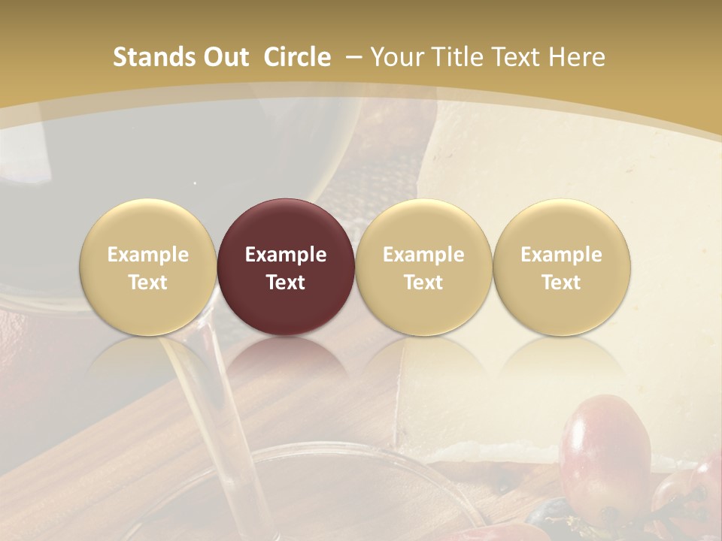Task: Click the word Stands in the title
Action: pyautogui.click(x=153, y=57)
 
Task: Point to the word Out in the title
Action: pyautogui.click(x=225, y=57)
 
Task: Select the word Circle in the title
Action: pyautogui.click(x=297, y=57)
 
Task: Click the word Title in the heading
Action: pyautogui.click(x=460, y=57)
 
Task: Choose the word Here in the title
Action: pyautogui.click(x=577, y=57)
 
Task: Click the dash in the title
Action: pyautogui.click(x=353, y=57)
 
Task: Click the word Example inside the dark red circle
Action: pyautogui.click(x=286, y=255)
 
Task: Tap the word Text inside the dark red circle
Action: pyautogui.click(x=286, y=283)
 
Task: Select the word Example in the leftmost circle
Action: pyautogui.click(x=147, y=255)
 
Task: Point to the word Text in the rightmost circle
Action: pyautogui.click(x=561, y=283)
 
